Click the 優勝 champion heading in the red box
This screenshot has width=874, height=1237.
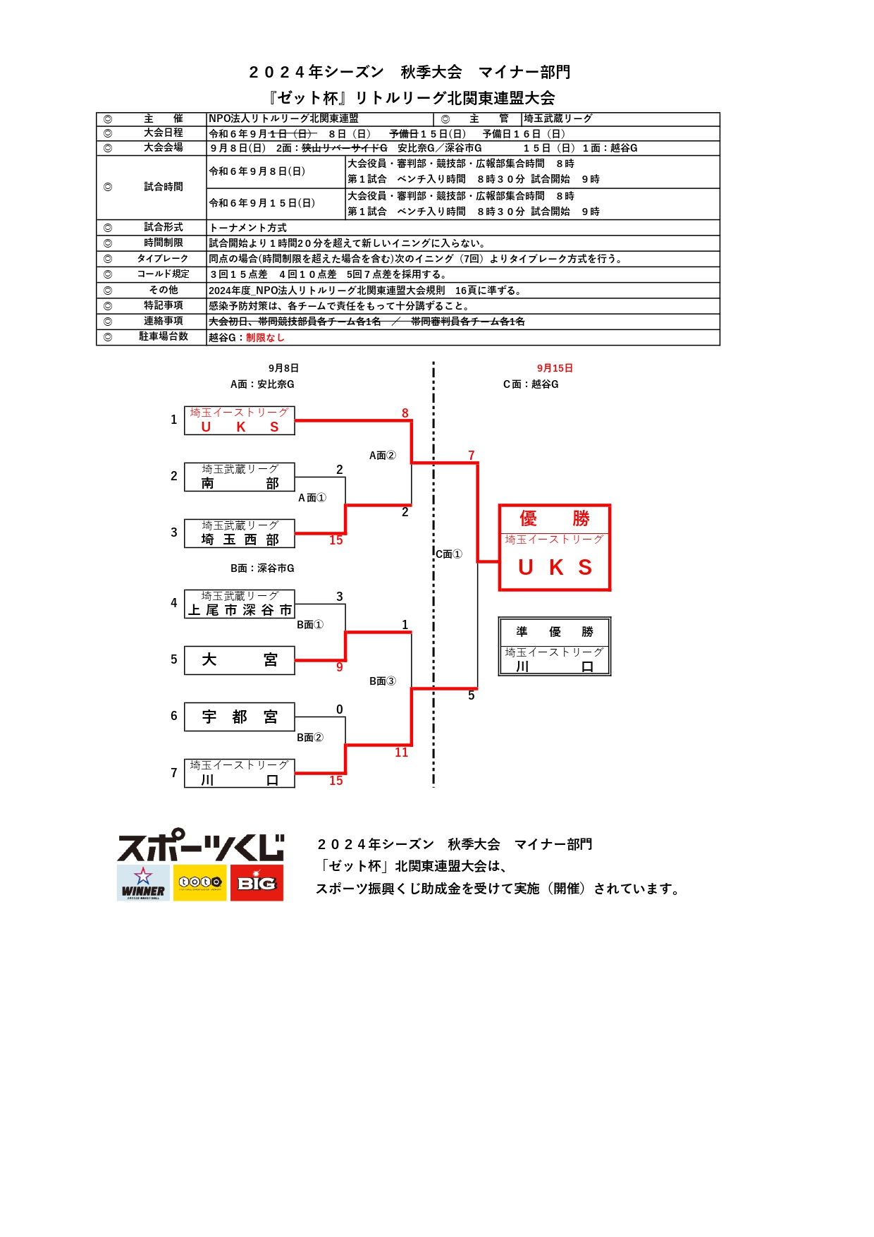[x=555, y=519]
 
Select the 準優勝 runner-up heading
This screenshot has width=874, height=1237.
[x=555, y=632]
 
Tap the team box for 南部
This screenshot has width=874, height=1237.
[x=240, y=477]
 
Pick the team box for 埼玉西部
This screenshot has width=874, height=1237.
[x=240, y=533]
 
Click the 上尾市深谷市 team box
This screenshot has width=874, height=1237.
[x=240, y=604]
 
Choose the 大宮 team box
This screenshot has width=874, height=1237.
[x=240, y=660]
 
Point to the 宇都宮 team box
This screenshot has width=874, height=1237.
[x=240, y=717]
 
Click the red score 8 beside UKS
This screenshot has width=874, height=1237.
[x=405, y=413]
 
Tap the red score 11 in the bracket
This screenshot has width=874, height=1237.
[x=402, y=752]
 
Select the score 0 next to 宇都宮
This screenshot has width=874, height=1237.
[x=340, y=709]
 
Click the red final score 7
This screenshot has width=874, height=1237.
[x=472, y=456]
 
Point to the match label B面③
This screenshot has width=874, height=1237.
[x=383, y=681]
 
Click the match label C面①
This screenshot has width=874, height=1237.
[x=449, y=554]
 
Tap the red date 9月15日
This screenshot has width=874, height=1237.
[x=555, y=368]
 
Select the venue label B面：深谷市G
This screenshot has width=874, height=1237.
[x=262, y=568]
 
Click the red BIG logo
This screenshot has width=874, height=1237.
[x=257, y=883]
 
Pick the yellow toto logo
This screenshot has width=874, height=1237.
[x=200, y=883]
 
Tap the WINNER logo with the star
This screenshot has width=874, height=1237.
[x=143, y=883]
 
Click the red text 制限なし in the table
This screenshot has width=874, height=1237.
[x=265, y=338]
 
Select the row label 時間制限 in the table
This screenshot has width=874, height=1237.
[x=164, y=243]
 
